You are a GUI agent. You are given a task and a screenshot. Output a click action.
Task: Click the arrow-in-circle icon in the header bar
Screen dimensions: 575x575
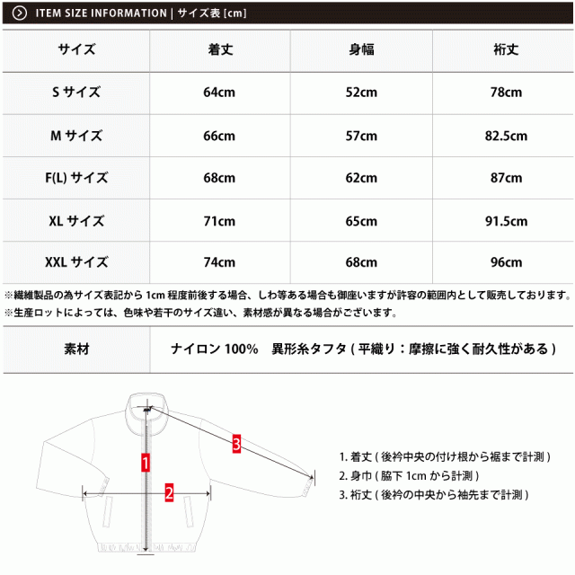(19, 13)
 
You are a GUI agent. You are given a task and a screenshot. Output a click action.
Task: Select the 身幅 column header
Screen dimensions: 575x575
(362, 50)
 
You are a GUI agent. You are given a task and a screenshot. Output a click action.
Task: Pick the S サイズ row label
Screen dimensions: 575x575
(76, 93)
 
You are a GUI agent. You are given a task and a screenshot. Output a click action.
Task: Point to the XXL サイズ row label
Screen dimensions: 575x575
(76, 262)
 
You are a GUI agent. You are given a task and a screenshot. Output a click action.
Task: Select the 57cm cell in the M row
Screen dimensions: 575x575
(362, 136)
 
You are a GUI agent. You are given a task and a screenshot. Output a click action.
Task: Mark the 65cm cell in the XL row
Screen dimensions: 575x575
(362, 220)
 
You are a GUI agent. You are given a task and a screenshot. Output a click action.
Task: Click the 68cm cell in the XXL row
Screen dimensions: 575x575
(362, 262)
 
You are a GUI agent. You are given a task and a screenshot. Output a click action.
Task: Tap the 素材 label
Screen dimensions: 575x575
(76, 348)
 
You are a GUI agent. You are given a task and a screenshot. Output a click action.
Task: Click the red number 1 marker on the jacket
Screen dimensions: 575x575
(146, 463)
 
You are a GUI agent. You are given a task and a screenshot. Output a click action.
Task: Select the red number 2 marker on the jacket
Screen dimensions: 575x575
(169, 491)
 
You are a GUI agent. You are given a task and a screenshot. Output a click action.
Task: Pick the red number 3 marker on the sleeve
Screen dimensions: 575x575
(235, 443)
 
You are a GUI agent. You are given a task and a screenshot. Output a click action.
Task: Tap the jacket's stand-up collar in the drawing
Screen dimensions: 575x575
(146, 402)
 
